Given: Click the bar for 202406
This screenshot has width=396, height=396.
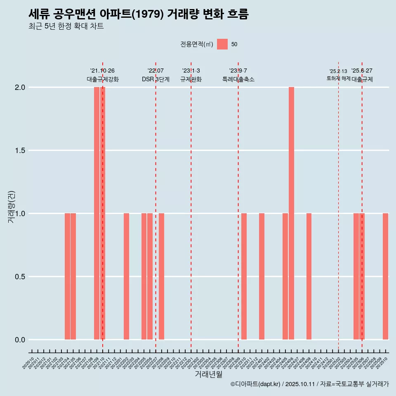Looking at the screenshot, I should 291,213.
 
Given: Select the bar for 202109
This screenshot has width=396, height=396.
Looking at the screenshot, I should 97,213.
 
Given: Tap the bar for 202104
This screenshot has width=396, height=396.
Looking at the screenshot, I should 67,276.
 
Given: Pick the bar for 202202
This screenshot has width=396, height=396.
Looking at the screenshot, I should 126,276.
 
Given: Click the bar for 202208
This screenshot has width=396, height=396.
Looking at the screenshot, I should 162,276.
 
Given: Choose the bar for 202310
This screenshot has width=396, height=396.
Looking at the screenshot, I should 244,276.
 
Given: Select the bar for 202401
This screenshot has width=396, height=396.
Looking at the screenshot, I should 262,276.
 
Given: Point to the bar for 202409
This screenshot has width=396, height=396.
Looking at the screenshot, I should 309,276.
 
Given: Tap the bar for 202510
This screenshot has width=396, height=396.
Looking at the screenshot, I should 385,276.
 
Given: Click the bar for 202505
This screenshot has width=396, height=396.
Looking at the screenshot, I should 356,276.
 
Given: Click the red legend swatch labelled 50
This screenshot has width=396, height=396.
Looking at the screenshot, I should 222,44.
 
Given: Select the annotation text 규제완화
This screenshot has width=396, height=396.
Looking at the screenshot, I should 191,79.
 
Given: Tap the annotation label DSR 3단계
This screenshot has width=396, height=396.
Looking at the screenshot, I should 156,79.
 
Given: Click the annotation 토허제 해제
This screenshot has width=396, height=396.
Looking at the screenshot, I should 338,78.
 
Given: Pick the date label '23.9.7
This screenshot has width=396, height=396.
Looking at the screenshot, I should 238,71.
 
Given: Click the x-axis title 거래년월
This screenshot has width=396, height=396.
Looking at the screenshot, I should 208,375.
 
